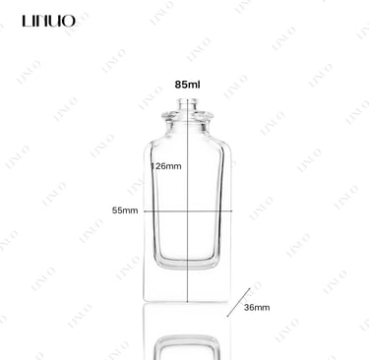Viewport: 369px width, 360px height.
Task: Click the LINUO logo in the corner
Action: pyautogui.click(x=49, y=21)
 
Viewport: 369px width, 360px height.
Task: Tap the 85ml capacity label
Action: pyautogui.click(x=187, y=85)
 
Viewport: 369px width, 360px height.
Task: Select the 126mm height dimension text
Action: pyautogui.click(x=166, y=166)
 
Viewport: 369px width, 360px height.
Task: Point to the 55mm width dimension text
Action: pyautogui.click(x=125, y=210)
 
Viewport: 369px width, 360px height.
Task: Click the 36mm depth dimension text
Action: pyautogui.click(x=257, y=308)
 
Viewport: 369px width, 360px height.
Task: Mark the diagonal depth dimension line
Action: pyautogui.click(x=238, y=303)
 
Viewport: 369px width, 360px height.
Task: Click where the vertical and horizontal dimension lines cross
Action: pyautogui.click(x=187, y=211)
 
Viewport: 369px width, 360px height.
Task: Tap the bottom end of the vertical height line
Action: pyautogui.click(x=187, y=302)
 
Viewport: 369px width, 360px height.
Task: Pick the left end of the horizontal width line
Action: pyautogui.click(x=144, y=211)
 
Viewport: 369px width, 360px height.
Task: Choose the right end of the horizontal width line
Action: pyautogui.click(x=232, y=211)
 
